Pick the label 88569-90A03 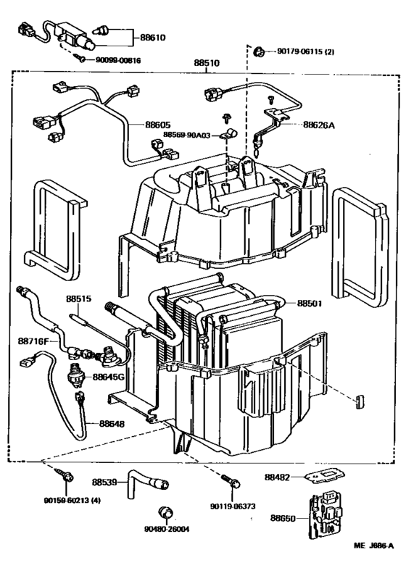tap(187, 135)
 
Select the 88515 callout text tap(79, 298)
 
